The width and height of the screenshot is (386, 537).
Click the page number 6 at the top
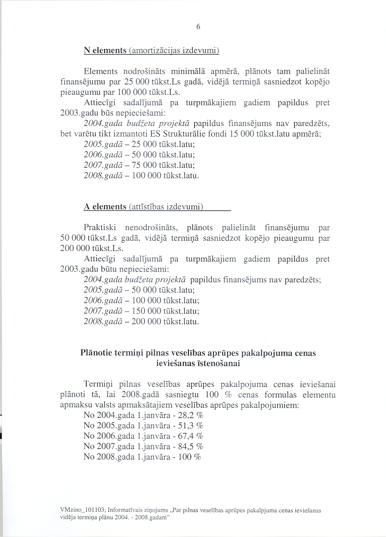pos(198,27)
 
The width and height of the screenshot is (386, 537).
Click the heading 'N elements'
pos(105,50)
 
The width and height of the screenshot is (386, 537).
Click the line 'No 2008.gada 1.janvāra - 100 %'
pos(142,457)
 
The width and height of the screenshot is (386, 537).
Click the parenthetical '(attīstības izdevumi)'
pos(167,207)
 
